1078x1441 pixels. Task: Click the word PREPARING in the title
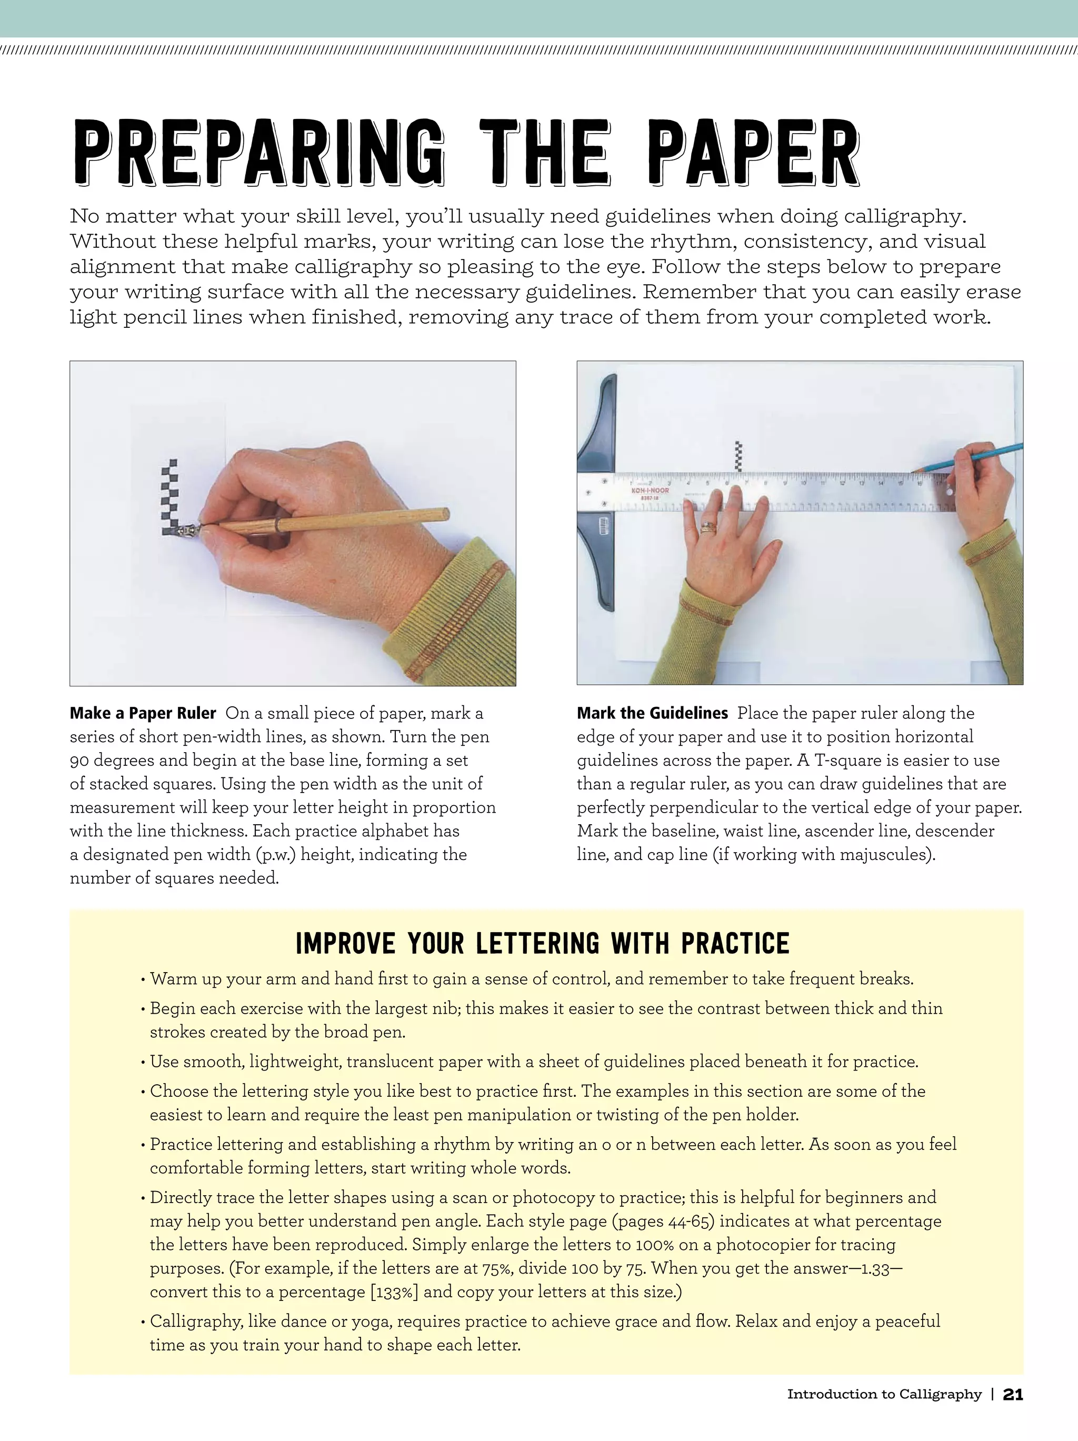coord(258,153)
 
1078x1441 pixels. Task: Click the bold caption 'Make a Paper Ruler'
coord(143,713)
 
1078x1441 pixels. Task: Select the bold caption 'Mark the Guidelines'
coord(652,713)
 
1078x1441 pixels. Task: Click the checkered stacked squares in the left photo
coord(170,498)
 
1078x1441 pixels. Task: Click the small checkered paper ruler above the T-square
coord(738,456)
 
